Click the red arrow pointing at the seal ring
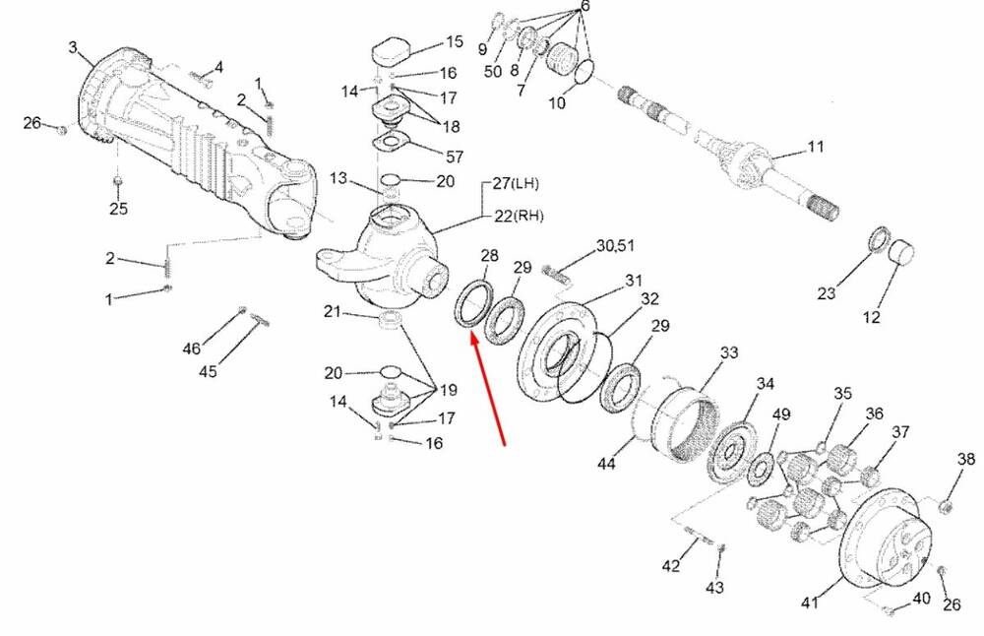coord(488,390)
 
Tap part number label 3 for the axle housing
coord(74,47)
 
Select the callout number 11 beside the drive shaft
coord(815,147)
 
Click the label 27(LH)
coord(516,184)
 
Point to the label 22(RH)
coord(519,216)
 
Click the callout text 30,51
coord(614,245)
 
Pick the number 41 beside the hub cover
coord(810,603)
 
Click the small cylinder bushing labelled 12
coord(901,251)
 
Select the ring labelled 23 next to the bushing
coord(879,238)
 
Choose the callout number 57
coord(455,157)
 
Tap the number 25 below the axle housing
coord(119,208)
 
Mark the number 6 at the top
coord(584,6)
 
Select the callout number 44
coord(606,464)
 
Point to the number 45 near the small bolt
coord(208,372)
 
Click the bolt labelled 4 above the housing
coord(201,78)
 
